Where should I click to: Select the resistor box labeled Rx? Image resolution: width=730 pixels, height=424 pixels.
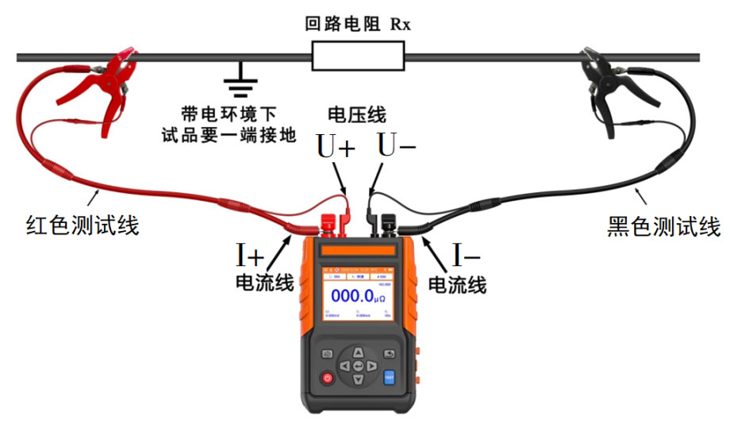tap(359, 56)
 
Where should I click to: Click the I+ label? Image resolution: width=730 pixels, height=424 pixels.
tap(250, 256)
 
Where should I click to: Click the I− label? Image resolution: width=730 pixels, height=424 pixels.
tap(467, 256)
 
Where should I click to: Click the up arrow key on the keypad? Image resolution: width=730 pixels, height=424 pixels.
tap(359, 352)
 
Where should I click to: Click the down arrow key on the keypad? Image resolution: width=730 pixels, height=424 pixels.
tap(359, 380)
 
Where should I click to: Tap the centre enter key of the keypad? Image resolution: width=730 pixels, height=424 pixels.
tap(359, 366)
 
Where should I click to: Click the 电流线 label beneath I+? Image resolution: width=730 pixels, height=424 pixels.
tap(265, 283)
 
